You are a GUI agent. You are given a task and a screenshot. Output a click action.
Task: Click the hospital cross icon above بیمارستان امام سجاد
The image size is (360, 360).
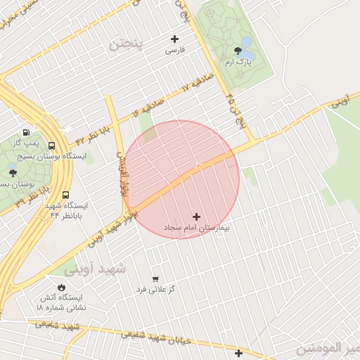point(196,217)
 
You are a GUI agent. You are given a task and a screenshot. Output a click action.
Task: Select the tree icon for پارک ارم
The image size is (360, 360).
point(238,51)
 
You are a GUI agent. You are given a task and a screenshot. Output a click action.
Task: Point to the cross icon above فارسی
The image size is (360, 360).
point(174,39)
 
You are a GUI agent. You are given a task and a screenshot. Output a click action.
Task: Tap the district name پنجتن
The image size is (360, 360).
point(125,44)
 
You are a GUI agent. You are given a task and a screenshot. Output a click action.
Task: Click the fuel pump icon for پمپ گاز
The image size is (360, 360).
point(27,131)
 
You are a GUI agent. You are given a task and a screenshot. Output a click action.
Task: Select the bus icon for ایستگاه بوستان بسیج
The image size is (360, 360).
point(51,146)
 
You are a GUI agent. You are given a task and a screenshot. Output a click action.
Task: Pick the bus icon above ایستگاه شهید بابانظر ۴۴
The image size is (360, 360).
point(65,195)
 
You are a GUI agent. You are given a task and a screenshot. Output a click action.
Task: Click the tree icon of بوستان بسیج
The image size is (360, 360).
point(12,172)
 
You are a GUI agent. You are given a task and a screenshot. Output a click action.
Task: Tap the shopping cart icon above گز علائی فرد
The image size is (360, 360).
point(155,278)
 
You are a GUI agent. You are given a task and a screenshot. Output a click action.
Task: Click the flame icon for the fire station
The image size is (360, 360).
point(61,287)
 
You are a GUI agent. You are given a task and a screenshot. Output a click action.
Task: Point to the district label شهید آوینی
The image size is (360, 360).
point(94,269)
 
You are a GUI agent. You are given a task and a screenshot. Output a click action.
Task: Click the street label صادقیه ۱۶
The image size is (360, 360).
point(148,108)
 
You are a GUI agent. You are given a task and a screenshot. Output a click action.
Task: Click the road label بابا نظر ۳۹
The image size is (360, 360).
point(31,197)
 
